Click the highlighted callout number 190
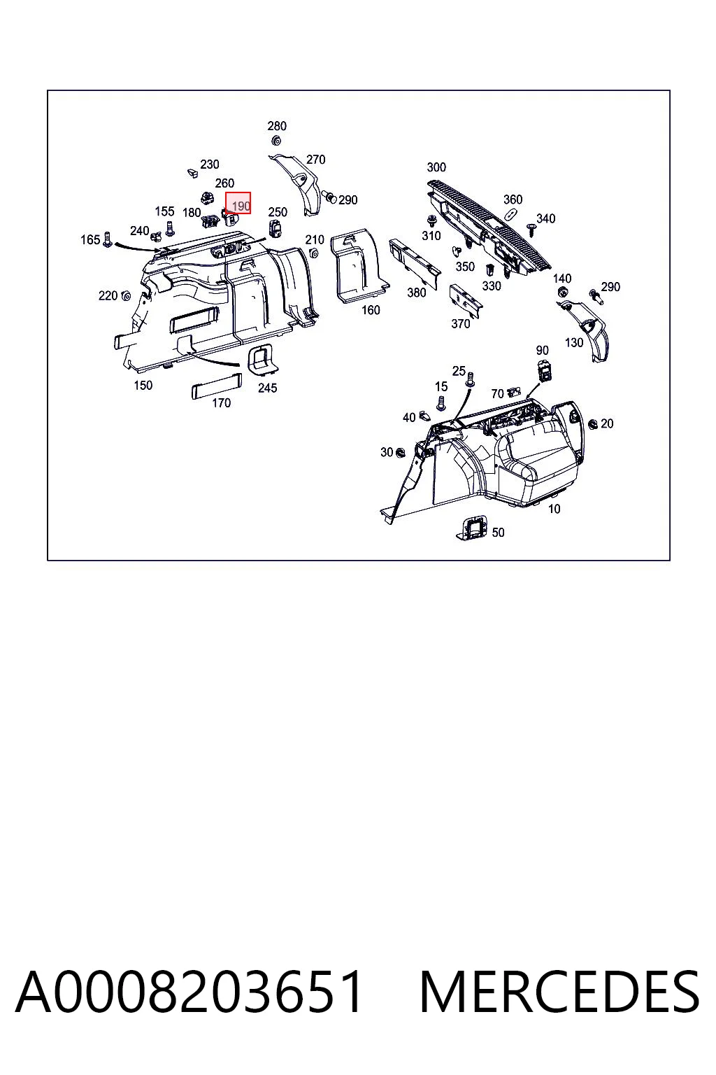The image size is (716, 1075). coord(241,206)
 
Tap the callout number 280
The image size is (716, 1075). coord(277,126)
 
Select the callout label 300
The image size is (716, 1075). coord(436,167)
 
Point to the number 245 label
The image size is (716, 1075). coord(267,388)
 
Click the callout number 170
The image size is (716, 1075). coord(221,402)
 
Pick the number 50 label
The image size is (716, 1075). coord(498,532)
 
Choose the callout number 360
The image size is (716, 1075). coord(513,199)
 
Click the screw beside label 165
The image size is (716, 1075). coord(108,239)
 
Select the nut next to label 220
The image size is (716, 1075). coord(126,295)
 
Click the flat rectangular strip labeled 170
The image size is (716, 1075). coord(216,386)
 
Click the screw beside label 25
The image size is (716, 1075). coord(470,379)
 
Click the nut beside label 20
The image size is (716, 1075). coord(593,423)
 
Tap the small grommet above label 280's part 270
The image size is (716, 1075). coord(276,141)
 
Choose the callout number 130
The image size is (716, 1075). coord(574,343)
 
